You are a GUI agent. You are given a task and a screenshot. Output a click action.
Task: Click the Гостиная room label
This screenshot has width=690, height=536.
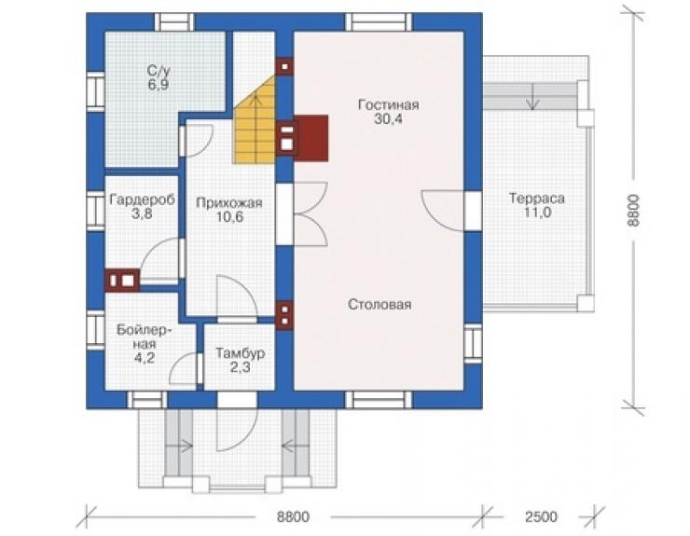388,105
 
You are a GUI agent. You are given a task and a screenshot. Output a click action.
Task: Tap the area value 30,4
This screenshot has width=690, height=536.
388,119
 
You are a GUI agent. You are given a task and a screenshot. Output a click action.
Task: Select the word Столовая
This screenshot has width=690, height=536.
379,305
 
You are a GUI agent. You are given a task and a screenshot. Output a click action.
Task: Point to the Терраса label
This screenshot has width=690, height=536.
537,199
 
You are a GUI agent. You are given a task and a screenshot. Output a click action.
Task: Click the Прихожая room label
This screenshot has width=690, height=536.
229,203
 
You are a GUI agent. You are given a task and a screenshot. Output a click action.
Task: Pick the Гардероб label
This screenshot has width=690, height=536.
142,199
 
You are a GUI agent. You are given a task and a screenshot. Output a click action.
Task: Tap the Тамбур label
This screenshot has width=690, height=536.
241,353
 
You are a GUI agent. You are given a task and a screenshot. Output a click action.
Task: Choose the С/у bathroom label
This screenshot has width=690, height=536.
158,71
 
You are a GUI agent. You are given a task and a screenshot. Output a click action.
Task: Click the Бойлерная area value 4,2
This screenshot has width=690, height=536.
145,358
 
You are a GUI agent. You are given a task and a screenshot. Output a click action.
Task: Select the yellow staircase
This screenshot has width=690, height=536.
255,126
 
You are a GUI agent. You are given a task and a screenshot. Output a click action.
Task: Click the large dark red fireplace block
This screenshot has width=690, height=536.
311,138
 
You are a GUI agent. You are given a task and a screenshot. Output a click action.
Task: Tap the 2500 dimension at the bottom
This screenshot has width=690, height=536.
541,516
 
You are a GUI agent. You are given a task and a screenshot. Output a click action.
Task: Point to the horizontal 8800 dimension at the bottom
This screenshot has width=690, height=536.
293,516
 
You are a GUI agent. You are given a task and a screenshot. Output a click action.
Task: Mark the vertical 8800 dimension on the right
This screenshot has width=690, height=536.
632,211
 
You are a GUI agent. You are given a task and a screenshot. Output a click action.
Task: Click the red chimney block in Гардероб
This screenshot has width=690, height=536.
122,281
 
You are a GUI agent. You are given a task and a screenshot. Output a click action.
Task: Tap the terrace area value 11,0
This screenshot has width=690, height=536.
537,213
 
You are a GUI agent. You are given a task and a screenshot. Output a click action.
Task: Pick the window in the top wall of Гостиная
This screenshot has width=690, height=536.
379,22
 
